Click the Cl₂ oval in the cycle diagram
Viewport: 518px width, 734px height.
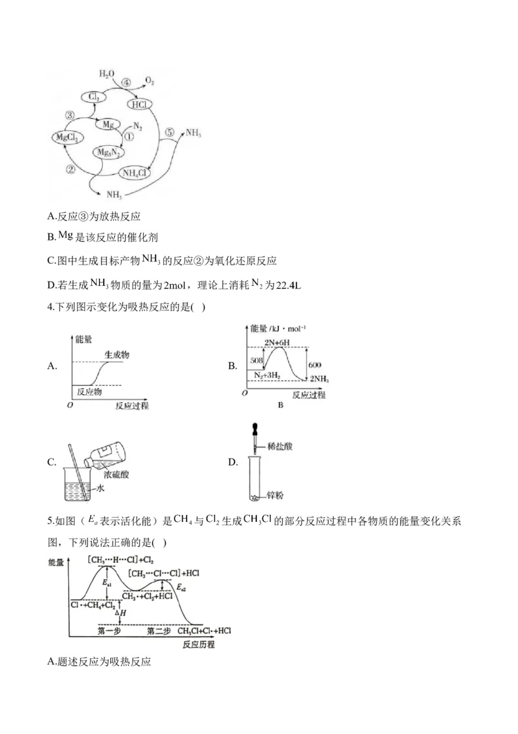tap(93, 97)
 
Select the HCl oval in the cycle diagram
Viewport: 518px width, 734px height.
tap(140, 104)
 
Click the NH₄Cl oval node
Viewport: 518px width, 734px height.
tap(136, 173)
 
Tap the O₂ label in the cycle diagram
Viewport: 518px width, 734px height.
tap(150, 80)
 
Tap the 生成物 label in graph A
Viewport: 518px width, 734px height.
tap(117, 355)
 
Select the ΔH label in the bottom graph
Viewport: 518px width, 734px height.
tap(120, 613)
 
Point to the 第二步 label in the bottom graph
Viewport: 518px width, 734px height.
tap(159, 631)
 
